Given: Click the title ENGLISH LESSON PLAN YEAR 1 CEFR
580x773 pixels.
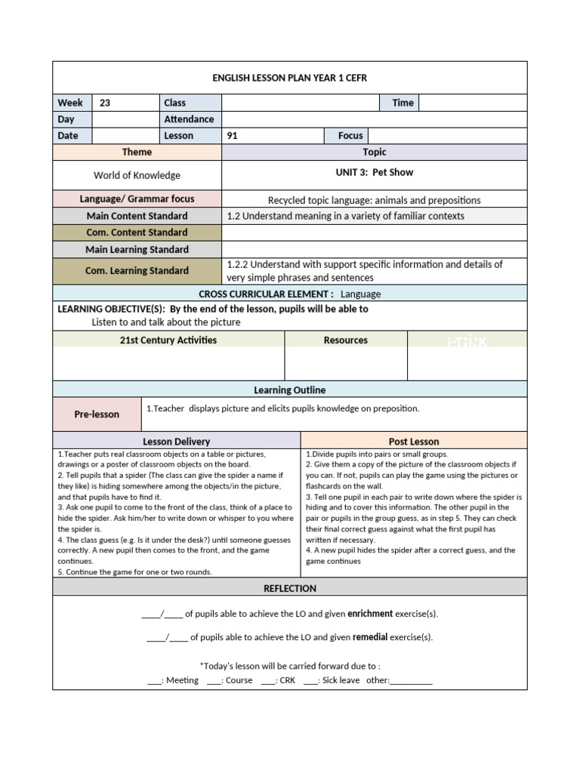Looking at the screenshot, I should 290,78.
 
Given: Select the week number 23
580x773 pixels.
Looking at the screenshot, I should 105,103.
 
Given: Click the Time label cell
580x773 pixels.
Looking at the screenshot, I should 403,103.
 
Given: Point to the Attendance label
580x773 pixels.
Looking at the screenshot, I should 189,119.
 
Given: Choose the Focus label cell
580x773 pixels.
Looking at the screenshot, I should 350,136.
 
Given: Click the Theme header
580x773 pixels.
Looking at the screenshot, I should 137,152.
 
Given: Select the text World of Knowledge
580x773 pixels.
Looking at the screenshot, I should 137,175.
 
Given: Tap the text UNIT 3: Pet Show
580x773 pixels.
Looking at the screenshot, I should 375,172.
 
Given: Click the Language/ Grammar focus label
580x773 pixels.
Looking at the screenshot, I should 137,199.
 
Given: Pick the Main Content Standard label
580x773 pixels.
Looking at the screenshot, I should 137,216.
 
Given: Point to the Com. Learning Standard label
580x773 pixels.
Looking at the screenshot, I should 137,270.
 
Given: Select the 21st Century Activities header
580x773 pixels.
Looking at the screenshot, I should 168,340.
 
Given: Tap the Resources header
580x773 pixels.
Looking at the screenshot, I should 346,340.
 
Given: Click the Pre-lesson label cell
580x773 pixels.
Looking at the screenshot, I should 97,414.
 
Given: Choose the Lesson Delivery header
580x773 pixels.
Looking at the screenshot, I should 177,441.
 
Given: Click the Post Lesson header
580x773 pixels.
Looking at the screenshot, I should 414,441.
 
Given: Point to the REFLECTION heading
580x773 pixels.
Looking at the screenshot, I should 290,588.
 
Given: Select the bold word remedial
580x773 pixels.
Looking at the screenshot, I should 370,637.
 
